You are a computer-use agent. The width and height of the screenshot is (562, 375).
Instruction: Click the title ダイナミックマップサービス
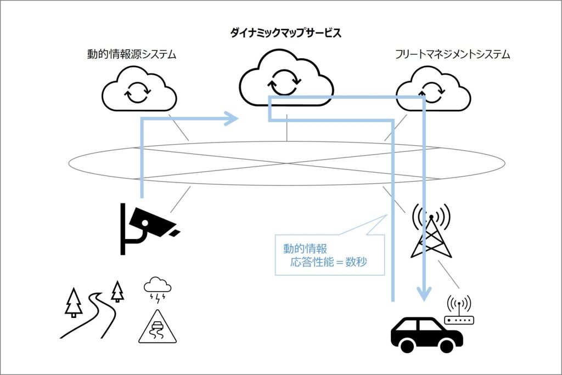point(286,33)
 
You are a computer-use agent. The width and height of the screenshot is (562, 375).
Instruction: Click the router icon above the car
point(459,315)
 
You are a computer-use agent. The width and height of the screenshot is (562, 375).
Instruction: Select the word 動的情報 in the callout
point(305,249)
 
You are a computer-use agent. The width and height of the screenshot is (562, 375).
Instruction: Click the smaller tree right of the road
point(117,291)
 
